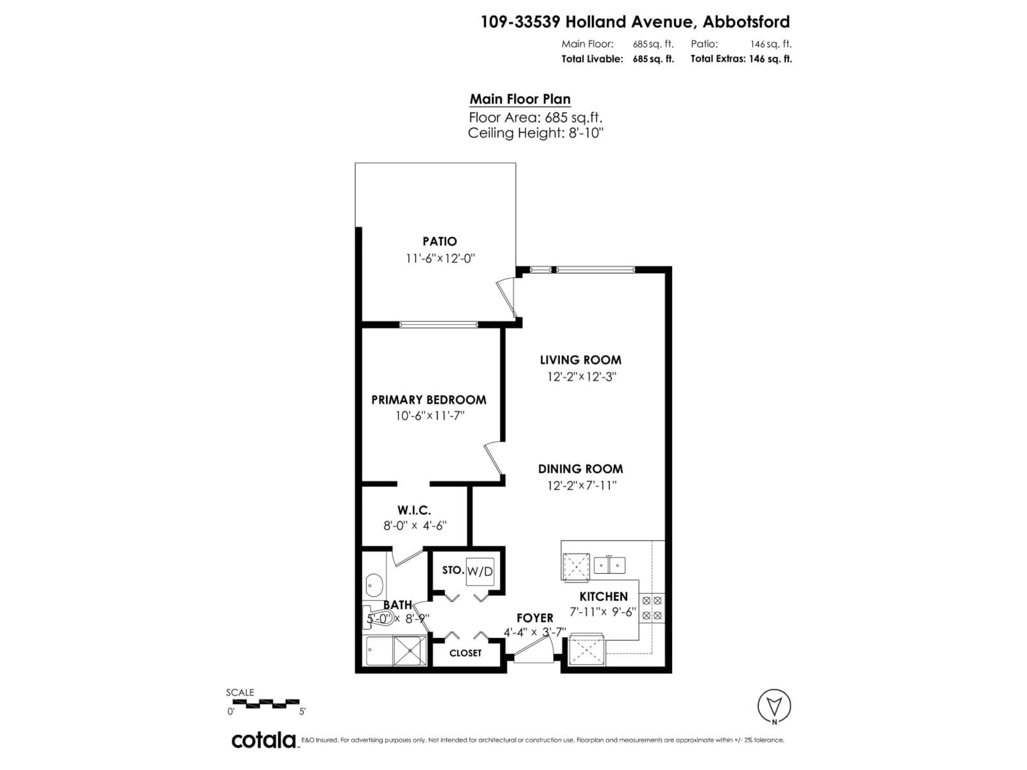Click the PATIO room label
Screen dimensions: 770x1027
pos(439,241)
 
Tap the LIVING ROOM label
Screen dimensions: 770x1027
pos(580,360)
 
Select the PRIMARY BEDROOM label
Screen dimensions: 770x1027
pos(428,400)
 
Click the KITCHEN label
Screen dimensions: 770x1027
pos(603,596)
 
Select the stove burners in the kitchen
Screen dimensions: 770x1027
pos(652,607)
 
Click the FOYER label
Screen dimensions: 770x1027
pos(535,618)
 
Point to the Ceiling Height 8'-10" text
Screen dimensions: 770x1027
pos(535,133)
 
